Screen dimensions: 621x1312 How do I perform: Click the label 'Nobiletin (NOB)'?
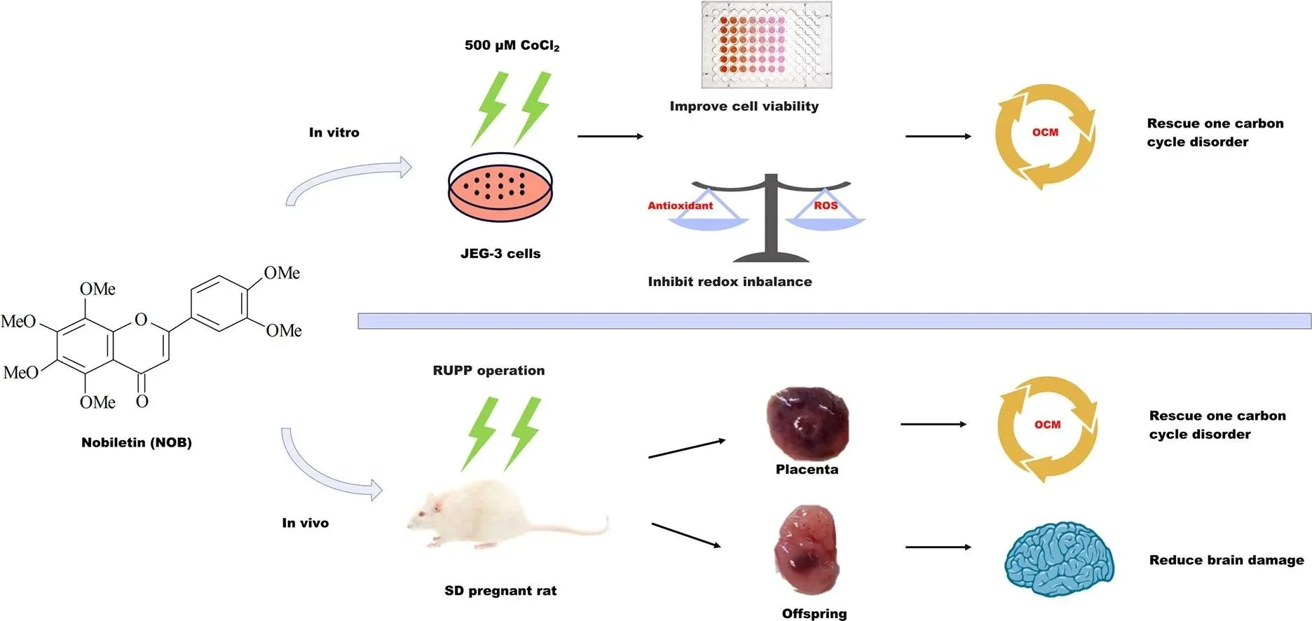coord(136,442)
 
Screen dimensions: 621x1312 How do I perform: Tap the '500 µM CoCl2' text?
coord(512,46)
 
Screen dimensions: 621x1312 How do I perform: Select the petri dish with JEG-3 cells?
coord(500,187)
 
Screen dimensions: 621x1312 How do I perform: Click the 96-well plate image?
coord(767,45)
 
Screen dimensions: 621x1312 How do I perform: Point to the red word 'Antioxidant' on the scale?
coord(680,205)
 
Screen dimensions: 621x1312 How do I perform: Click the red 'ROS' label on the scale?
coord(826,205)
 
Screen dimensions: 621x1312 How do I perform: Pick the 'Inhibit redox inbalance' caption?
coord(730,282)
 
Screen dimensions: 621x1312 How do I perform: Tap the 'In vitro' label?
coord(334,132)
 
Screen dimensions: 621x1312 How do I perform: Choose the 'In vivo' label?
coord(305,523)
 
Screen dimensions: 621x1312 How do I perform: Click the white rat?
coord(491,515)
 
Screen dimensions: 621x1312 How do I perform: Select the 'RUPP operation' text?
coord(488,371)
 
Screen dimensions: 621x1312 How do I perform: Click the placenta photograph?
coord(807,424)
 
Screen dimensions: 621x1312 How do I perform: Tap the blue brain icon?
coord(1059,559)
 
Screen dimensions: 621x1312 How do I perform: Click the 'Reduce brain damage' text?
coord(1226,560)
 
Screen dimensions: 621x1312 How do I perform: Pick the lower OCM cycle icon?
coord(1047,428)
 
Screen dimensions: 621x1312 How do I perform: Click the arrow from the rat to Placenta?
coord(686,449)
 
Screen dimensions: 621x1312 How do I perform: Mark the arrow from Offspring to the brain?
coord(938,547)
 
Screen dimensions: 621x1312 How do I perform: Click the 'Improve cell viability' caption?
coord(744,107)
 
